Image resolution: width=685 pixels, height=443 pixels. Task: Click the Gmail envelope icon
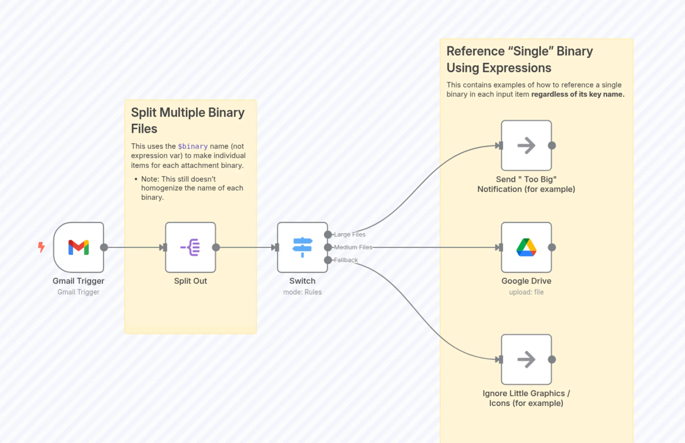click(x=78, y=247)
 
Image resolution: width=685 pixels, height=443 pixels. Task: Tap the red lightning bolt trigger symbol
click(x=41, y=247)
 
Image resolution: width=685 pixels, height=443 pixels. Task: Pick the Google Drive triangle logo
click(x=526, y=247)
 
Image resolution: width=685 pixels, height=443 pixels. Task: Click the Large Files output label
click(x=349, y=234)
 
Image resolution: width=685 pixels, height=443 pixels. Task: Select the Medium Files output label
click(x=353, y=247)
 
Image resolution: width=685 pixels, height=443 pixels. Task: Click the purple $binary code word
click(x=192, y=147)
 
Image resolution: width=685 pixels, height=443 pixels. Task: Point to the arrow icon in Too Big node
click(x=526, y=146)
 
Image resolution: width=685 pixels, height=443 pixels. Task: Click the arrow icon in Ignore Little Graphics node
click(x=526, y=359)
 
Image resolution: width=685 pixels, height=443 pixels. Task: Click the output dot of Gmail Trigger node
click(x=104, y=247)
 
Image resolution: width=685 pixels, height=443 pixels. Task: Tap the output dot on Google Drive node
click(x=552, y=247)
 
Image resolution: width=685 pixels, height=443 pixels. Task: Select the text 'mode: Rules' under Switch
click(x=302, y=292)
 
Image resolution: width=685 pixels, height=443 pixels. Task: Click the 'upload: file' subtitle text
click(x=526, y=292)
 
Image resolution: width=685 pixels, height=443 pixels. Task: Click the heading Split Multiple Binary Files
click(x=187, y=121)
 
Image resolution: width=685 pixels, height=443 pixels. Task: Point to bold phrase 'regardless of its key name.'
click(x=578, y=94)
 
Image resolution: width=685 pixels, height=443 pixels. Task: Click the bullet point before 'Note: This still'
click(x=136, y=179)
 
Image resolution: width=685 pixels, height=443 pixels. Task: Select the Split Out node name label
click(x=190, y=281)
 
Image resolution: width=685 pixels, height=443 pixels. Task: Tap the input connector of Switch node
click(x=276, y=247)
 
